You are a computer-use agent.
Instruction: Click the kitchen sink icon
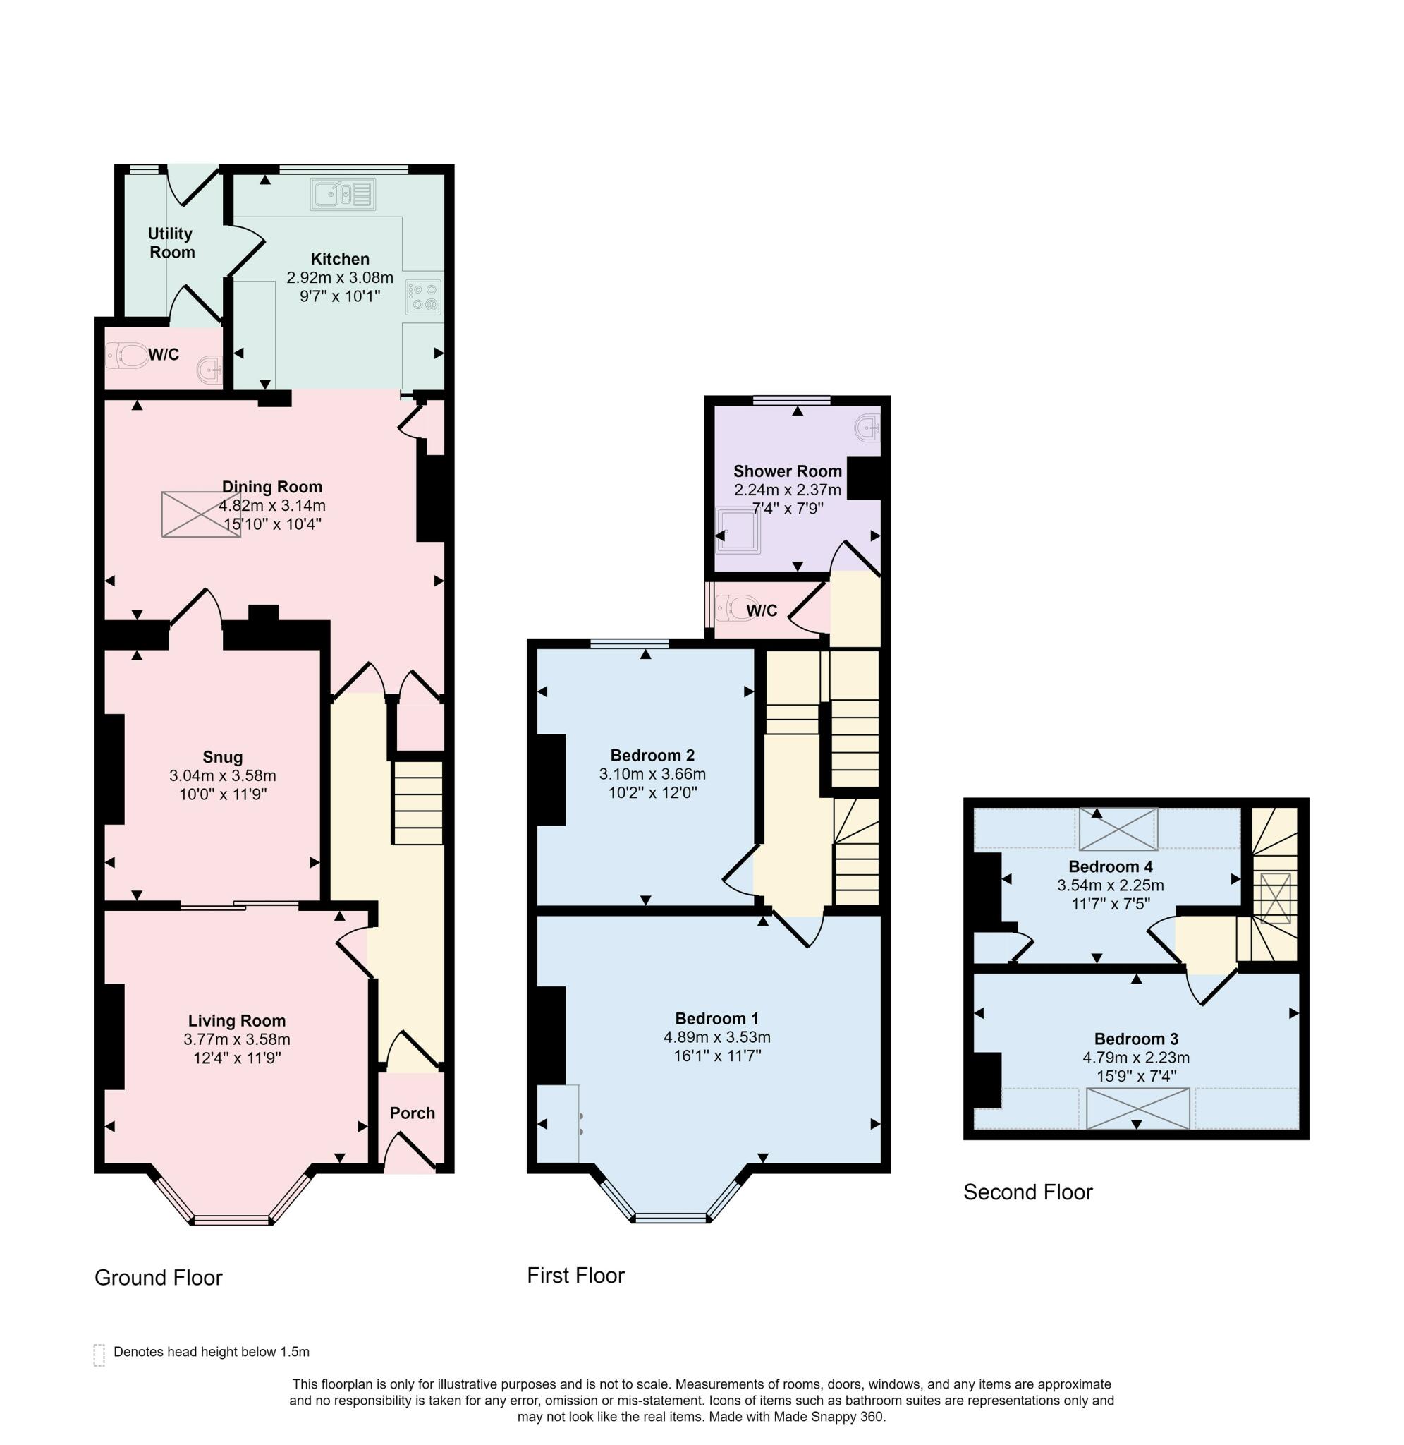343,195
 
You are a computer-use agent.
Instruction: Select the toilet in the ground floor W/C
127,356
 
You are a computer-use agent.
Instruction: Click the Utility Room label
171,243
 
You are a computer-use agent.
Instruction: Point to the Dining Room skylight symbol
201,514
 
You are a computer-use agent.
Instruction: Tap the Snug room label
223,757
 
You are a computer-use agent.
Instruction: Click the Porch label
413,1113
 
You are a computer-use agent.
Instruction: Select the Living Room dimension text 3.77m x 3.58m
237,1039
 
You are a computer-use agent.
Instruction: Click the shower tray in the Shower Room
739,530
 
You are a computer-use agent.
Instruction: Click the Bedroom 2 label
652,756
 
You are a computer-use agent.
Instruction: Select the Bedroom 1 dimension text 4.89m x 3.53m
717,1037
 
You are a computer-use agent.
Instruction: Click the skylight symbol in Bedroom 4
1118,829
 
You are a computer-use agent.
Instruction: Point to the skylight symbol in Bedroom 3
1138,1108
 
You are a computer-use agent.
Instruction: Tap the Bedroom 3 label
1136,1039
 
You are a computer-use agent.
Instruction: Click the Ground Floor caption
159,1278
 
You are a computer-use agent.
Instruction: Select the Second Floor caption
1028,1192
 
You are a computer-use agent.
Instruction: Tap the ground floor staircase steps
417,802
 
